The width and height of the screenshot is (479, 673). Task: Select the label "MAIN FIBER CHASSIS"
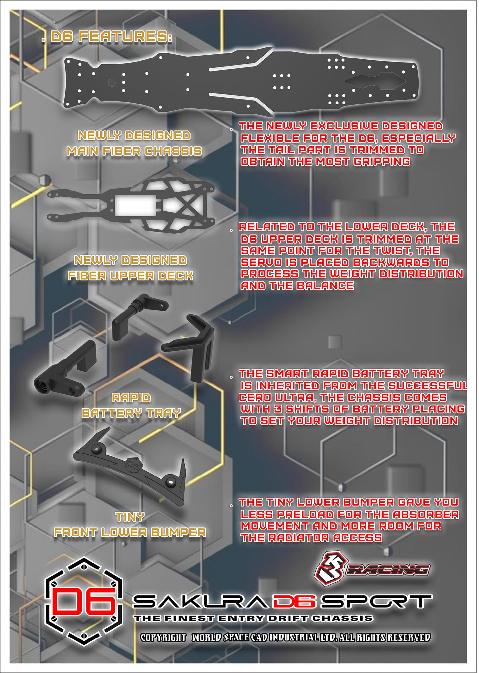[x=134, y=151]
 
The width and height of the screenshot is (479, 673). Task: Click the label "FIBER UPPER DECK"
[x=130, y=276]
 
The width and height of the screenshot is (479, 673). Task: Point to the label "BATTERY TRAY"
[x=131, y=413]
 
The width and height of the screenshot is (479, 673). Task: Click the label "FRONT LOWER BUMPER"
[x=130, y=532]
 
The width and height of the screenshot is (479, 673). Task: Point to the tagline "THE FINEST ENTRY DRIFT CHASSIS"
[x=253, y=618]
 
